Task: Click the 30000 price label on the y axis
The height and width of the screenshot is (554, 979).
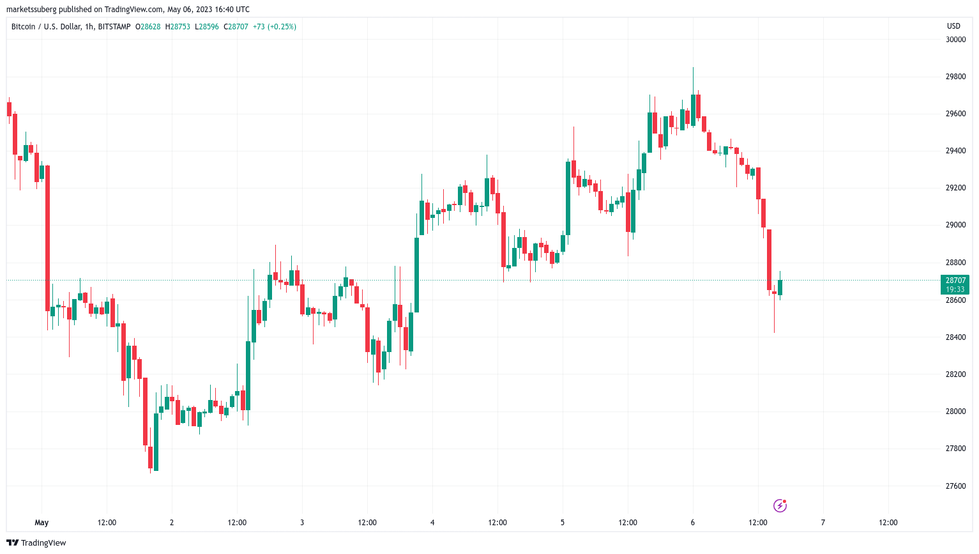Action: (x=955, y=40)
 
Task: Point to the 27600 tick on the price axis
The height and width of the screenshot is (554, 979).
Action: (x=955, y=486)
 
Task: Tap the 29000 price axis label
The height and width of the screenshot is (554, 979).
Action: (x=955, y=225)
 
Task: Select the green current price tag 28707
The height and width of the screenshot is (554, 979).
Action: (x=955, y=281)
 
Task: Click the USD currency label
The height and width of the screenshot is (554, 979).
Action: (x=953, y=26)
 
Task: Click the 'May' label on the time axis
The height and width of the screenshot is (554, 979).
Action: (x=42, y=523)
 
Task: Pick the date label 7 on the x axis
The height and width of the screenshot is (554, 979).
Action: (x=823, y=523)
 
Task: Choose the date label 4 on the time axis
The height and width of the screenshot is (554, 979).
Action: (x=432, y=523)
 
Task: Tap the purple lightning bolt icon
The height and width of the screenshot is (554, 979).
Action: (x=780, y=506)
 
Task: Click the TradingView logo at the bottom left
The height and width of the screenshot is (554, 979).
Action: (x=36, y=543)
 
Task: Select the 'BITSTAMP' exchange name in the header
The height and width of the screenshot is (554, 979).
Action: (x=114, y=27)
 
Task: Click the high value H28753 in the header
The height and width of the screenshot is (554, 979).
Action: (x=178, y=27)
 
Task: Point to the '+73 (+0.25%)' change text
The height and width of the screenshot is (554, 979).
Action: (x=275, y=27)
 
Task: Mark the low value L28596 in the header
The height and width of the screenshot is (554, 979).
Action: (x=207, y=27)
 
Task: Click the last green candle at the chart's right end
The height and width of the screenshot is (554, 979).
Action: (x=780, y=287)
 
